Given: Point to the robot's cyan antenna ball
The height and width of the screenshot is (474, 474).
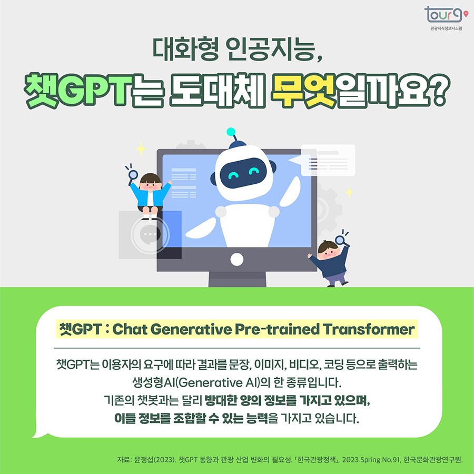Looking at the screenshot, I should point(230,131).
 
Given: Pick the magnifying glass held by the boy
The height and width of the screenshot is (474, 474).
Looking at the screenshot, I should point(341,240).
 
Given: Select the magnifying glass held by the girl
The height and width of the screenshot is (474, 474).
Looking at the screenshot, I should point(133,175).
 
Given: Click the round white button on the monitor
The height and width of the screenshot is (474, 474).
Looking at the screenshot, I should point(237,259).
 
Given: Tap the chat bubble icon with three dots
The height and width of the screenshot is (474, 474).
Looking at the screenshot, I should point(150,234).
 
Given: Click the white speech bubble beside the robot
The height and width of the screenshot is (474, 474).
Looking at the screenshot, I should point(327,160).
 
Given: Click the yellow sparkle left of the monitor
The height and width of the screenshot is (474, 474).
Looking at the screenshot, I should point(141,149).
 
